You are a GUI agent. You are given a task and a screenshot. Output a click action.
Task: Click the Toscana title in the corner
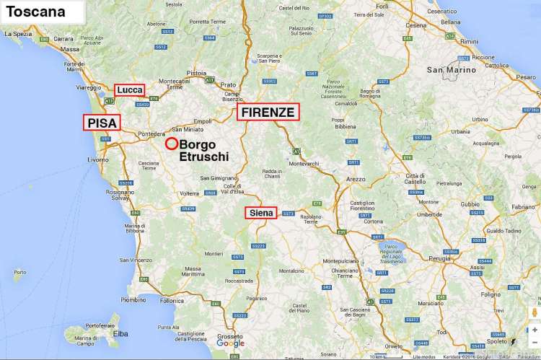(x=35, y=12)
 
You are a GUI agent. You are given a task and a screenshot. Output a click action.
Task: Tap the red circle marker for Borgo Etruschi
(x=172, y=143)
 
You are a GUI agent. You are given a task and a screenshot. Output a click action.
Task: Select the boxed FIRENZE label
(x=268, y=112)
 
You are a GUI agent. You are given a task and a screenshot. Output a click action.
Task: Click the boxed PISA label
(x=102, y=123)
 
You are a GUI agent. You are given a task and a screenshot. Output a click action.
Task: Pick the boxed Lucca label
(x=130, y=89)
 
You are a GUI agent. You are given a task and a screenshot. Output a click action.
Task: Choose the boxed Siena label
(x=262, y=213)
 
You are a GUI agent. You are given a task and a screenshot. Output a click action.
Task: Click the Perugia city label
(x=439, y=257)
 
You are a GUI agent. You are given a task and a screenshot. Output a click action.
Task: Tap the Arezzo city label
(x=356, y=178)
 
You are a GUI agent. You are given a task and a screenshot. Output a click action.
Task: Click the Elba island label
(x=121, y=333)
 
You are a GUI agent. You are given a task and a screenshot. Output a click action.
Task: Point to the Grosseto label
(x=231, y=336)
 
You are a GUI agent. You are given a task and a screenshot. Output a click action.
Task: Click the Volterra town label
(x=189, y=193)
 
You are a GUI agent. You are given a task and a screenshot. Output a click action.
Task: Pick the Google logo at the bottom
(x=230, y=343)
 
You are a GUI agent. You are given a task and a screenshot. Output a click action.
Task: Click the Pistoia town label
(x=197, y=73)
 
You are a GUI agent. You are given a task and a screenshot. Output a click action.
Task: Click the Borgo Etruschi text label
(x=203, y=150)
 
